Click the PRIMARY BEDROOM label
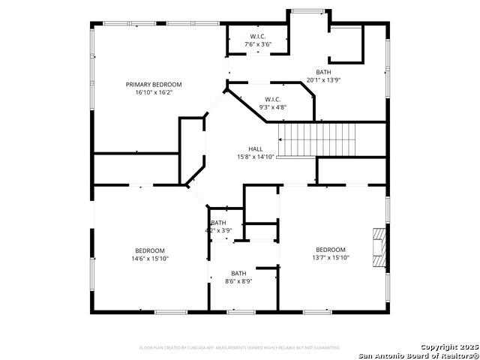click(154, 85)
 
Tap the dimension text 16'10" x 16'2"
click(154, 92)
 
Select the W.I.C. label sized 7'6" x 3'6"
click(258, 37)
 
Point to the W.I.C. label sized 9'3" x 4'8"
click(272, 100)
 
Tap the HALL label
click(256, 149)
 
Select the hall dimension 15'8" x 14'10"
click(256, 157)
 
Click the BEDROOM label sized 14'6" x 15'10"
click(150, 250)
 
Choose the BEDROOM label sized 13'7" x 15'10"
click(330, 250)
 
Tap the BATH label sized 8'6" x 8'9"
click(238, 274)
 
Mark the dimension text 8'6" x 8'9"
click(238, 281)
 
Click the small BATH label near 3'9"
click(218, 223)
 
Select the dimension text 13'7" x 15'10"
click(330, 258)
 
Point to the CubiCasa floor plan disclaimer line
click(239, 348)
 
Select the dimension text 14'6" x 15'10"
click(150, 259)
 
